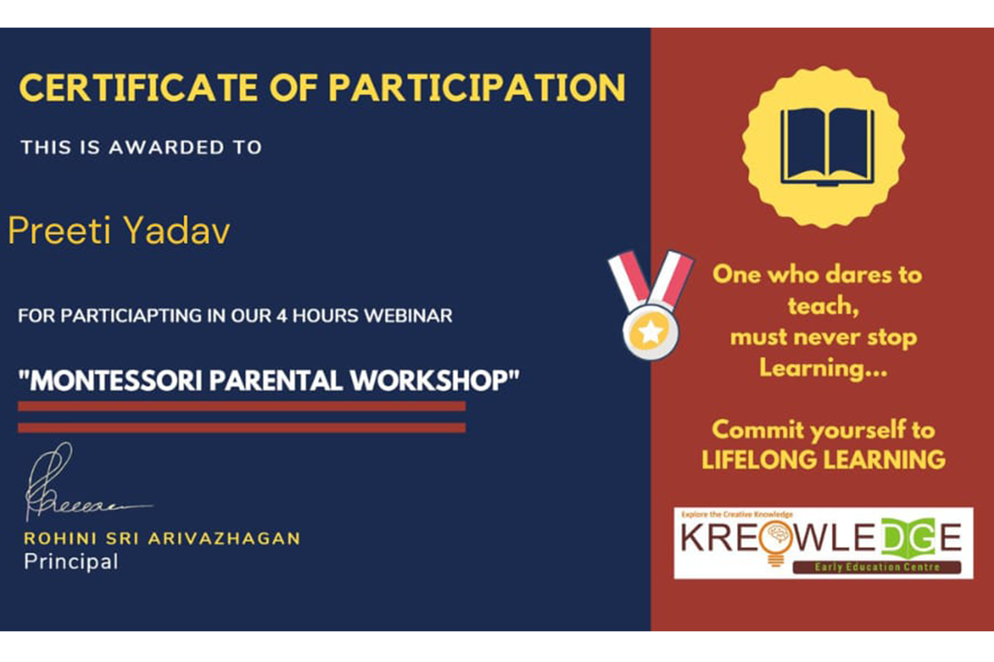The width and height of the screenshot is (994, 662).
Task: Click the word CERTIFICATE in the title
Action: point(138,88)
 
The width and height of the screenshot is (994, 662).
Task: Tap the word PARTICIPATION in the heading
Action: point(477,88)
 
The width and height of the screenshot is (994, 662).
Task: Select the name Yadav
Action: point(176,231)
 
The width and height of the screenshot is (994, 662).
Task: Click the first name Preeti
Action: point(59,231)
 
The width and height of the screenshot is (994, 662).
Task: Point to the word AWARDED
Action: point(167,147)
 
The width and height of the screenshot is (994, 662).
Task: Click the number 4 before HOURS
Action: point(282,316)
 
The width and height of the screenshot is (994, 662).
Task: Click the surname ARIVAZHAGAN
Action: point(224,539)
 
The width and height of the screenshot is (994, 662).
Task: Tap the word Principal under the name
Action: point(71,562)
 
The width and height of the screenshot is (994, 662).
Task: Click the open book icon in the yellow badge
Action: point(827,147)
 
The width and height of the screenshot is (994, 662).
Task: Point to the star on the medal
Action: point(651,331)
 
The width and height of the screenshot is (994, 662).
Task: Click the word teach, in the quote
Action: point(823,306)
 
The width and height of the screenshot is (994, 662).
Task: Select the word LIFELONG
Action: point(759,460)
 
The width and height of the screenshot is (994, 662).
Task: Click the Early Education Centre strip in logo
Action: point(877,567)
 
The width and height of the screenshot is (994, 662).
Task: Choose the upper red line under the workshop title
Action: point(242,406)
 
